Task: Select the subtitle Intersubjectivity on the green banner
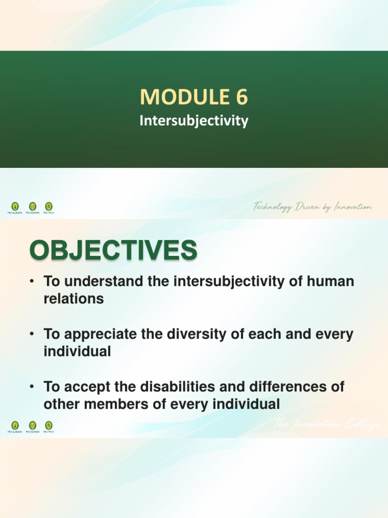194,121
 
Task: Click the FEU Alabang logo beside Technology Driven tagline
15,207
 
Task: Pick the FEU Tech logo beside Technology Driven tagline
49,207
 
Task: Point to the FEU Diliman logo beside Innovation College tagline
32,426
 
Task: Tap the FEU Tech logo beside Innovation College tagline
49,426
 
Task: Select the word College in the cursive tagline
360,425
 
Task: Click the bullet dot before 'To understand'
32,282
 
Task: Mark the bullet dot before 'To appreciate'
32,335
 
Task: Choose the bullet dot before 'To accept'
32,387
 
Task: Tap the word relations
74,298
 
